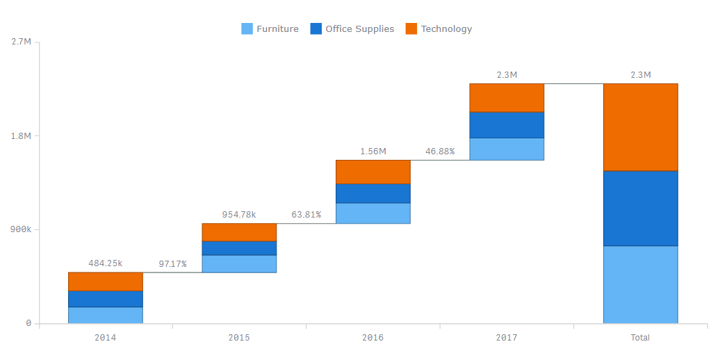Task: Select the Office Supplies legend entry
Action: (352, 28)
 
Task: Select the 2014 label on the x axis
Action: (105, 337)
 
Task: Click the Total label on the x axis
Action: (640, 337)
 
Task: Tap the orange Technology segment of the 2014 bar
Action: (106, 281)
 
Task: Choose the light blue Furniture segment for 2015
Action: (239, 263)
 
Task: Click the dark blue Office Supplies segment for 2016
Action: (373, 193)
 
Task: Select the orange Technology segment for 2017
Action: (507, 97)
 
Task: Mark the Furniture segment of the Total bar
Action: (640, 284)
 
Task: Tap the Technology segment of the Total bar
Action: (640, 127)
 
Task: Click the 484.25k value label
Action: (106, 263)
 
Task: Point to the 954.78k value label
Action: (239, 214)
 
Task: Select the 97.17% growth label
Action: (172, 263)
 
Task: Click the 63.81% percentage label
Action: (306, 214)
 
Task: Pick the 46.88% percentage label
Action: (440, 152)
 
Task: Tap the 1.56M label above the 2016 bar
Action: (373, 152)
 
